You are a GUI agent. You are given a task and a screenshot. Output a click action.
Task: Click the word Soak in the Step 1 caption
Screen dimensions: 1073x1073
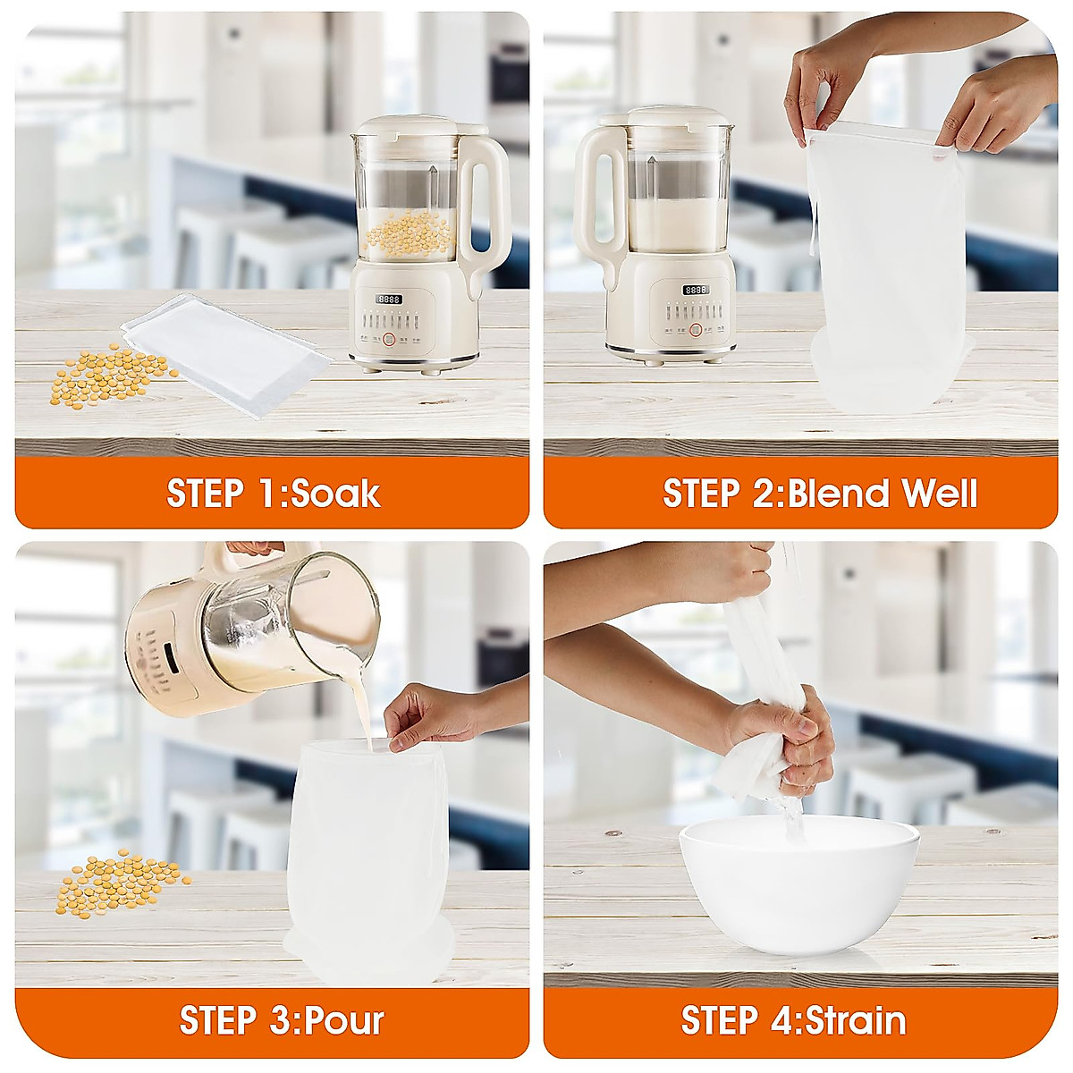336,494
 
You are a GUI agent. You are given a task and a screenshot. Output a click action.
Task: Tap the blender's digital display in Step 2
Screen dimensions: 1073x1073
696,290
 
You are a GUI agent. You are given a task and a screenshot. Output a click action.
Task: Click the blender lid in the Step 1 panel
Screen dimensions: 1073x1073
418,126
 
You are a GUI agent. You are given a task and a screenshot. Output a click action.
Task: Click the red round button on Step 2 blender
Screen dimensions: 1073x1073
696,330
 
